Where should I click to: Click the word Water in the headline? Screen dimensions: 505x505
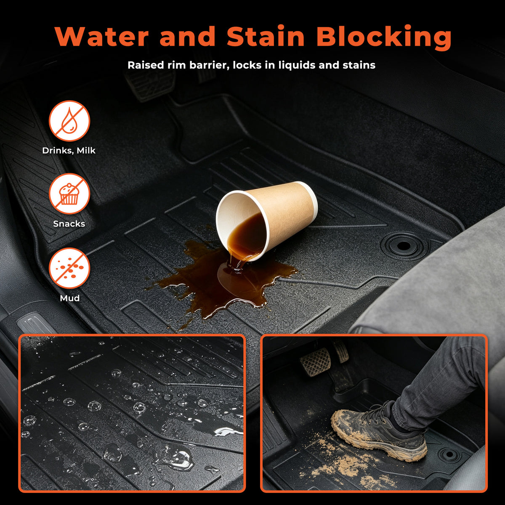(x=102, y=36)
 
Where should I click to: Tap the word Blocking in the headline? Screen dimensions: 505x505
(x=384, y=37)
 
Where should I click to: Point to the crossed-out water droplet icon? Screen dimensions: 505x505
(x=69, y=121)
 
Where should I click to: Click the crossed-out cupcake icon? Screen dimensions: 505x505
(x=69, y=194)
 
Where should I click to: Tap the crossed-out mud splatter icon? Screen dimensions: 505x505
(x=69, y=268)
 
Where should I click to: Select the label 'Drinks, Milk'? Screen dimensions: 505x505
(x=69, y=150)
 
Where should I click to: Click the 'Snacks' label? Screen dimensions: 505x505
(x=69, y=223)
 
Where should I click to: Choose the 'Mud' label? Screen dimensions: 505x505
(x=70, y=298)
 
